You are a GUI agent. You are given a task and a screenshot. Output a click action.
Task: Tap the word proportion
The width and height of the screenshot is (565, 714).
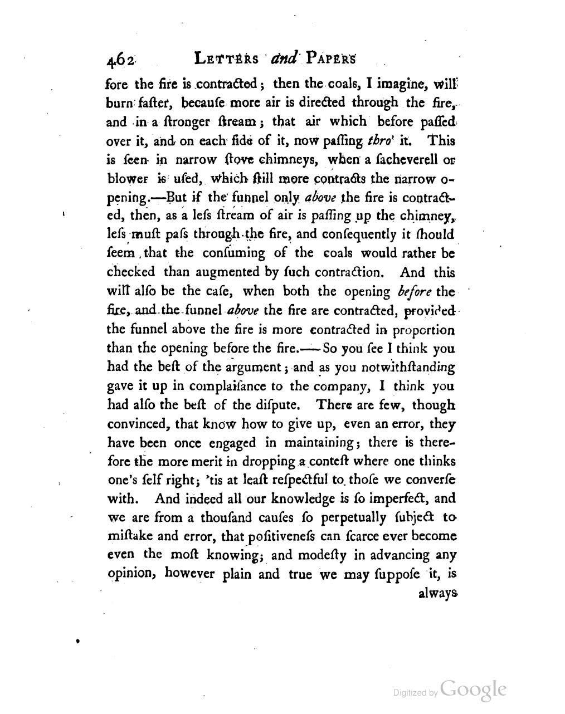424,329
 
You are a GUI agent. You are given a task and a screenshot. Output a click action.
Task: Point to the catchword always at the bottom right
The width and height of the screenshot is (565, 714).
438,594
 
